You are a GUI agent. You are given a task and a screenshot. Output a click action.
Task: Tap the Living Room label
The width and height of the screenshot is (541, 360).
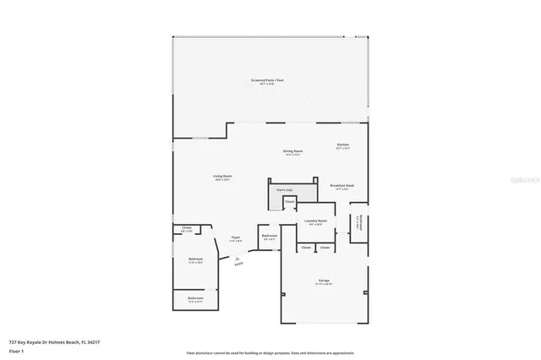click(222, 177)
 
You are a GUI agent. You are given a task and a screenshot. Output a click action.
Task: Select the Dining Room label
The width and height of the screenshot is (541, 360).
click(293, 152)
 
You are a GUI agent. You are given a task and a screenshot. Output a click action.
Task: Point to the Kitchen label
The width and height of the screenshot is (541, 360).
click(343, 146)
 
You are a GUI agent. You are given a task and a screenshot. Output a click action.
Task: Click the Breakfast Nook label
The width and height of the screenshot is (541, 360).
click(342, 187)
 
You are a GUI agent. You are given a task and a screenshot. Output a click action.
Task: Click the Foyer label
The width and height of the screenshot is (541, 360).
click(236, 239)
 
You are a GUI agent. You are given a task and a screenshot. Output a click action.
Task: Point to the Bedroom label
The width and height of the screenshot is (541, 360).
click(194, 260)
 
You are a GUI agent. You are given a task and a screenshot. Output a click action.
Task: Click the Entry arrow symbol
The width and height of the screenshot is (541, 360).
click(238, 262)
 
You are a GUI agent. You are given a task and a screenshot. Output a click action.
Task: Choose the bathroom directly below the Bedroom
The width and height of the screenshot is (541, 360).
click(194, 300)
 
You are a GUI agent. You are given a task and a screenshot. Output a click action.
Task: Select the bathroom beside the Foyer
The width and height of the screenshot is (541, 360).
click(269, 237)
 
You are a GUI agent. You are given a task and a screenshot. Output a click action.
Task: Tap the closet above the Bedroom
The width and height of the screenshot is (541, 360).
click(187, 229)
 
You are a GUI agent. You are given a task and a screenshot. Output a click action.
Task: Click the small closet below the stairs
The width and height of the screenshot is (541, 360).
click(289, 202)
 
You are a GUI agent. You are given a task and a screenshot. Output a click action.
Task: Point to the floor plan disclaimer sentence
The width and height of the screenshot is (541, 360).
click(270, 352)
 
